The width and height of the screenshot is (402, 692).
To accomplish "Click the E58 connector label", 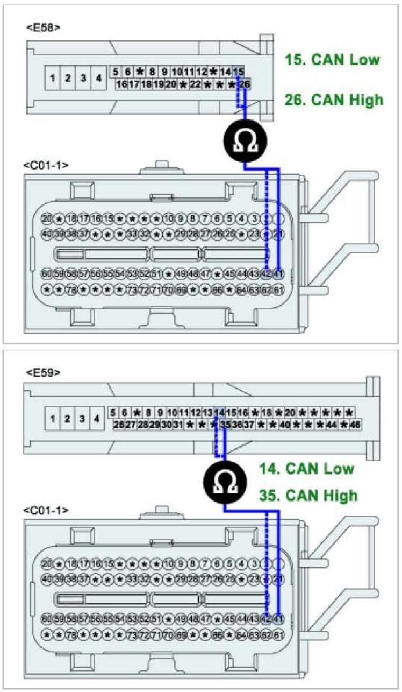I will [x=43, y=27].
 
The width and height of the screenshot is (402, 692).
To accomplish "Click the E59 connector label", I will [x=43, y=372].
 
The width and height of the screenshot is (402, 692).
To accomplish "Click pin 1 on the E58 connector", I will [x=53, y=78].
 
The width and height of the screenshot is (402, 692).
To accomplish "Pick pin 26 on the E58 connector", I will [x=245, y=84].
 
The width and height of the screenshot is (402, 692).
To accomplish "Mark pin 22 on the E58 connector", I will [x=195, y=84].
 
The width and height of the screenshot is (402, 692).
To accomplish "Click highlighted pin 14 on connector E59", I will [x=219, y=413].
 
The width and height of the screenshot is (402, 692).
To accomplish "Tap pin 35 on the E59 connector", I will [x=226, y=425].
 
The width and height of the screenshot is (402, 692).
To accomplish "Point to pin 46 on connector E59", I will [x=355, y=425].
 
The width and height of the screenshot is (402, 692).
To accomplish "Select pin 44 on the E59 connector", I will [x=332, y=425].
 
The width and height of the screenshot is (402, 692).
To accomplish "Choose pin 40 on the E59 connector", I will [x=285, y=425].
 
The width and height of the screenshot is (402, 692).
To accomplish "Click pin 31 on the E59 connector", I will [x=177, y=425].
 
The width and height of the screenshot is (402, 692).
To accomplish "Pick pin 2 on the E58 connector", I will [x=68, y=78].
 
